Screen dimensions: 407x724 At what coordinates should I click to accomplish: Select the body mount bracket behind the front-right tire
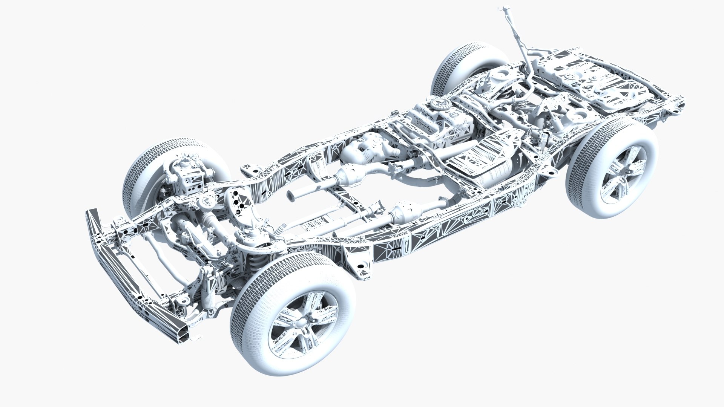pos(361,264)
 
